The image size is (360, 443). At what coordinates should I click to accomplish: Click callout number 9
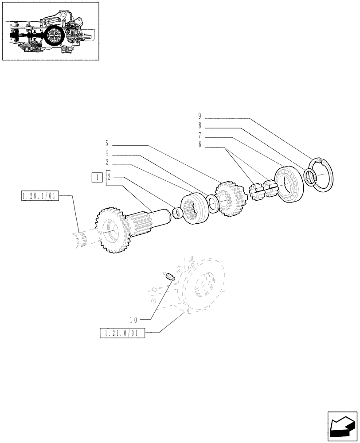(x=200, y=117)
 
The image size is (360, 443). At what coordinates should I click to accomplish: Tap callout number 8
(x=200, y=126)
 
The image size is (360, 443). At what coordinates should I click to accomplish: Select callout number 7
(x=200, y=135)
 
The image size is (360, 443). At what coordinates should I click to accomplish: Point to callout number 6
(x=200, y=145)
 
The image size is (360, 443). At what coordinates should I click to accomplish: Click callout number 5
(x=107, y=143)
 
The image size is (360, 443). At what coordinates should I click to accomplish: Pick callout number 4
(x=107, y=153)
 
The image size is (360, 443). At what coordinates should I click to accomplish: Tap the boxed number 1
(x=96, y=177)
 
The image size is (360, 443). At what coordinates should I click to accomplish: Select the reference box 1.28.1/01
(x=39, y=196)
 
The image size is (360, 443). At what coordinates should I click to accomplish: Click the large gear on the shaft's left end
(x=109, y=230)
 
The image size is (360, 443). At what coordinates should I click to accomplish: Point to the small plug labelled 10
(x=170, y=277)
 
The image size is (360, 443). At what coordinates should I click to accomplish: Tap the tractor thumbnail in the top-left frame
(x=50, y=31)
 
